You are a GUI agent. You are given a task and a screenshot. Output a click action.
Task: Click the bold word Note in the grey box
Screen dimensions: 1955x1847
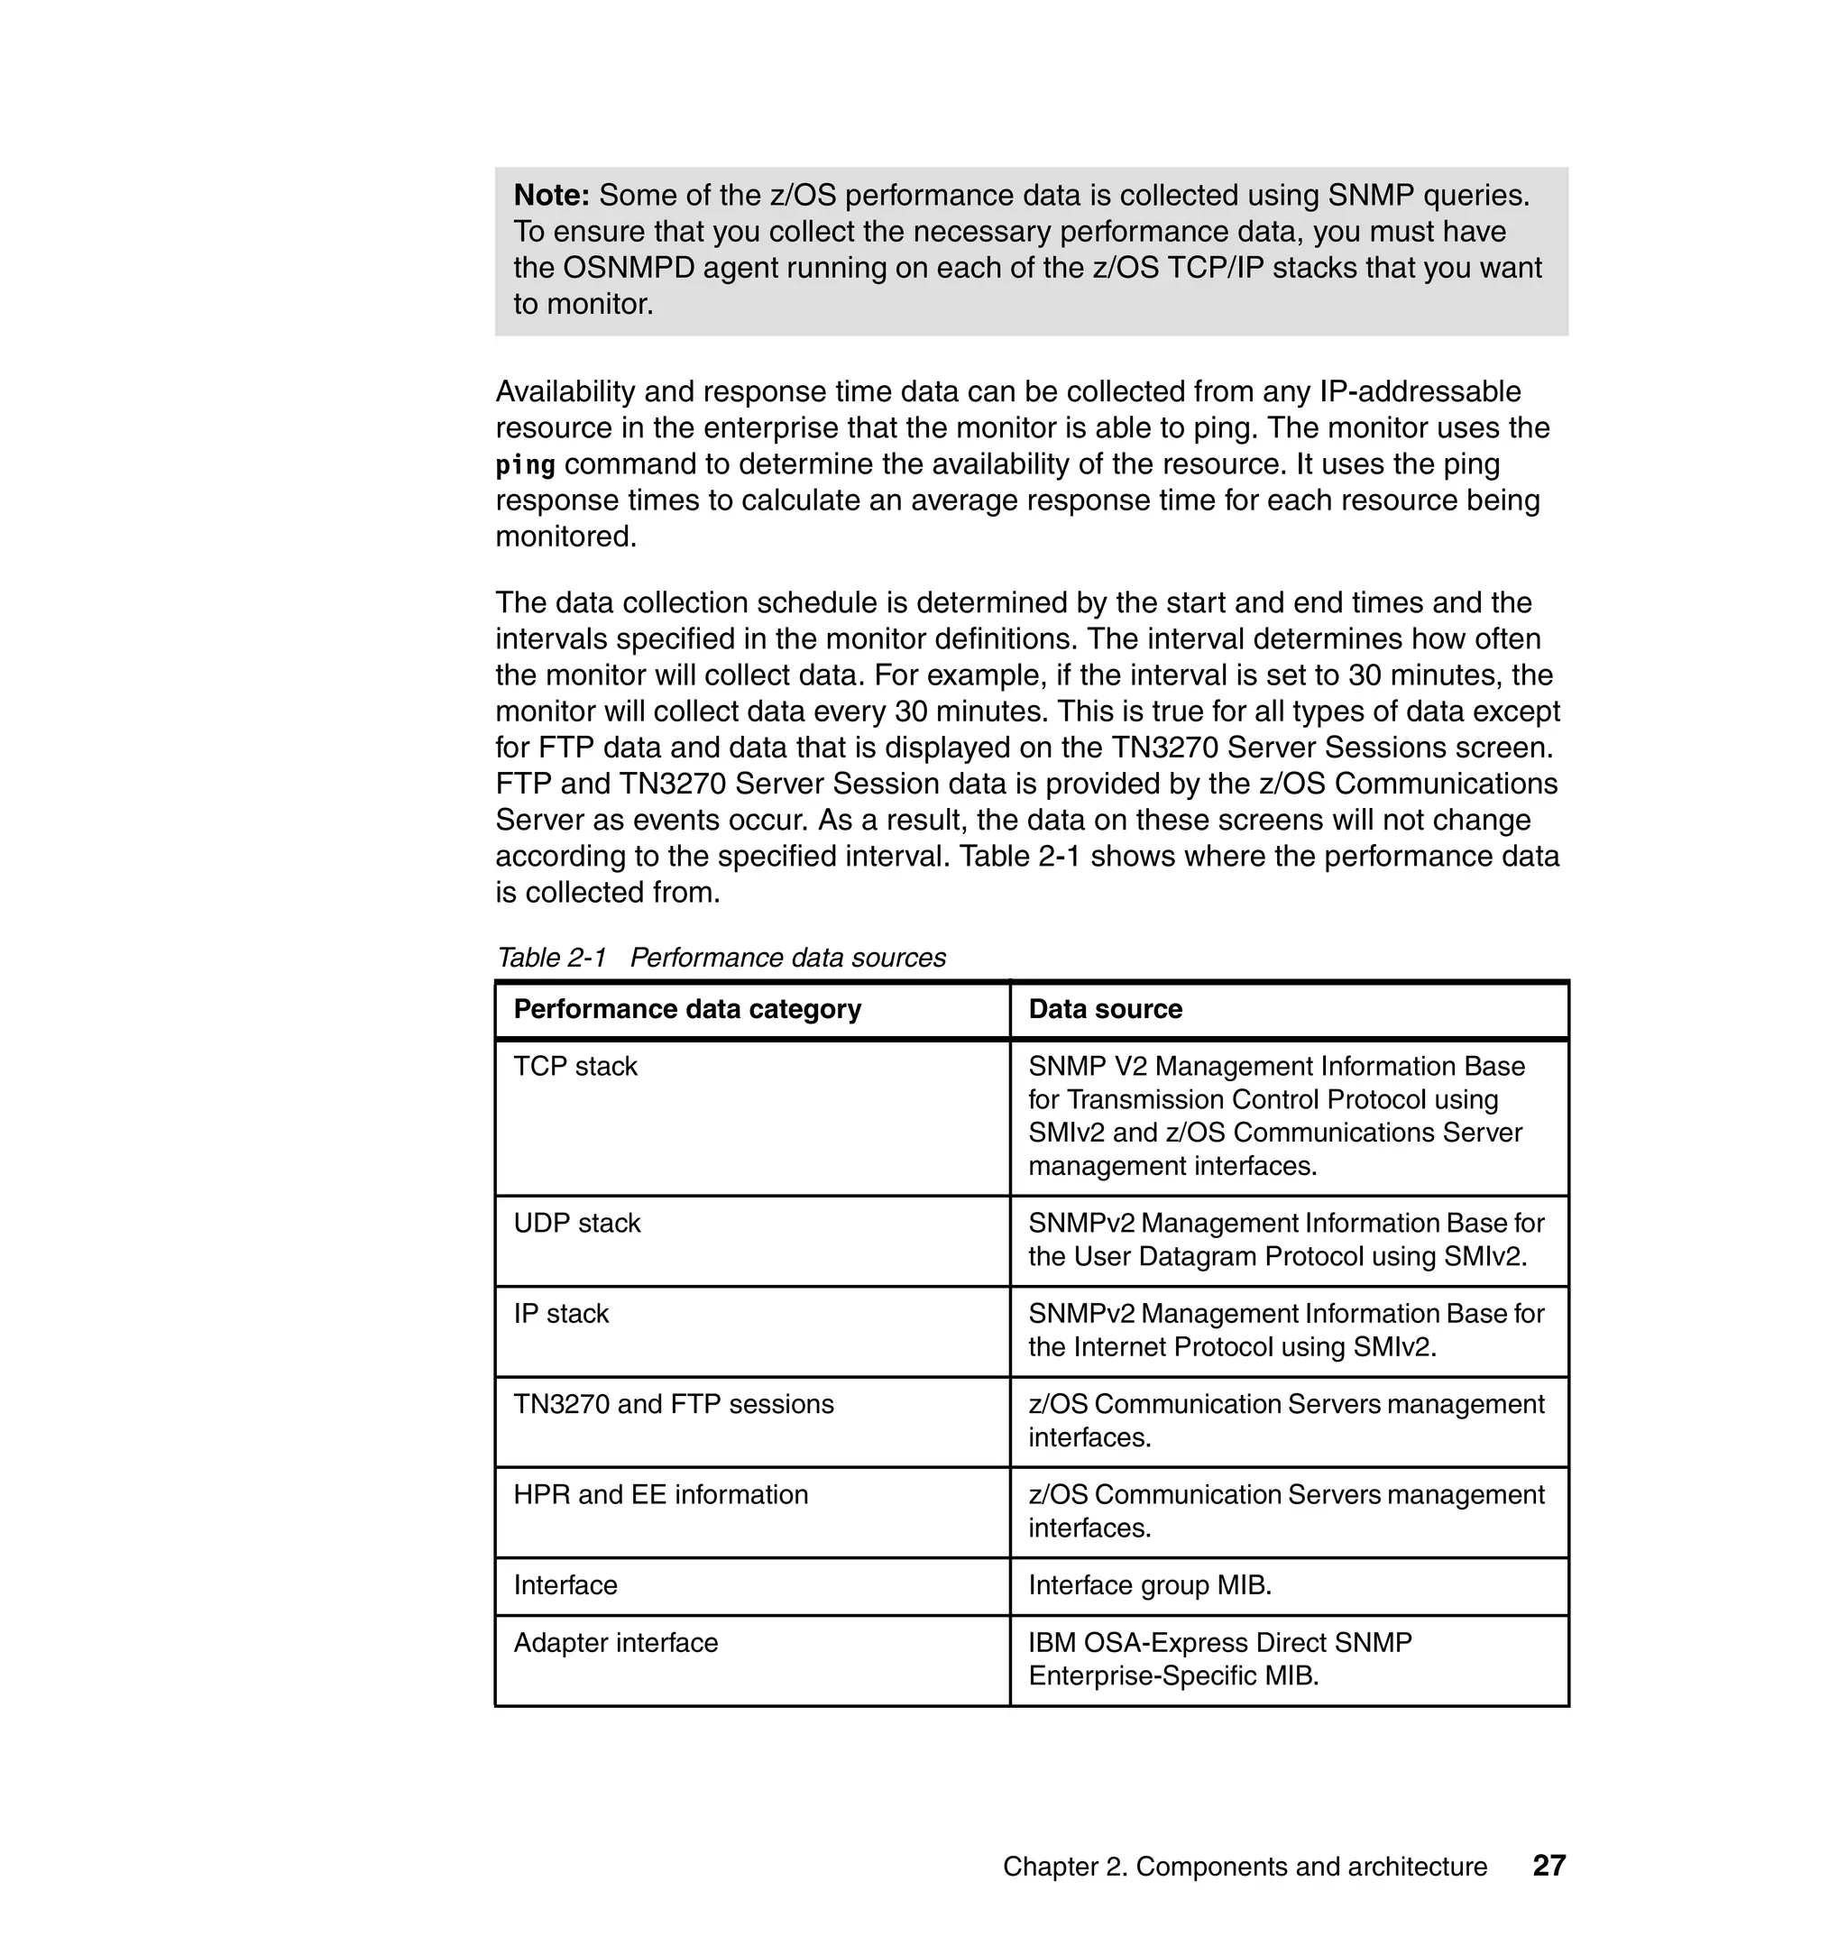pos(550,196)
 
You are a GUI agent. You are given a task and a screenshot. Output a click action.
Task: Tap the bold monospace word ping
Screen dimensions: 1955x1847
pos(525,464)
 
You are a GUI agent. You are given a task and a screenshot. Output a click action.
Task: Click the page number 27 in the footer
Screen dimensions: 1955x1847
pos(1548,1867)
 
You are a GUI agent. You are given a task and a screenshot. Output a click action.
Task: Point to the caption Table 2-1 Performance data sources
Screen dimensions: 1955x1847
pos(721,958)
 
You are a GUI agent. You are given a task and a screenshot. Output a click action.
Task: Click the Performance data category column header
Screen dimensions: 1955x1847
pos(687,1009)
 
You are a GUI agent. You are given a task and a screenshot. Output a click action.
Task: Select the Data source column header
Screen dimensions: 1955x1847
pos(1105,1009)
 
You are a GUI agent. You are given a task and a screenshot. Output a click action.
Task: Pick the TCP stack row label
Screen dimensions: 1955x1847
pos(575,1066)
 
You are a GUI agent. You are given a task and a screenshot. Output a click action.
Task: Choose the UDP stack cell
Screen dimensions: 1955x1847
pos(577,1223)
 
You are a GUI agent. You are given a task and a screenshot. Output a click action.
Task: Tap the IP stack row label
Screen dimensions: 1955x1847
pos(561,1313)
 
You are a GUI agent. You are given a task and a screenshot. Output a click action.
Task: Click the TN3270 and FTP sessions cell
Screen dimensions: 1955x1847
pos(674,1404)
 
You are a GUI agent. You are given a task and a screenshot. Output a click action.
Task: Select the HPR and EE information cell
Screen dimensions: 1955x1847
pos(661,1494)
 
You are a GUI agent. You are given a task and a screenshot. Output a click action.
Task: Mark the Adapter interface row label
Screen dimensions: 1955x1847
pos(615,1643)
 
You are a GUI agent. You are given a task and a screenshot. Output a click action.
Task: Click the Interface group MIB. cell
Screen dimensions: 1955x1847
pos(1150,1585)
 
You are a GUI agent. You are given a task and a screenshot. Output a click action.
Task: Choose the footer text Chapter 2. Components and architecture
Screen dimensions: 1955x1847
pos(1245,1868)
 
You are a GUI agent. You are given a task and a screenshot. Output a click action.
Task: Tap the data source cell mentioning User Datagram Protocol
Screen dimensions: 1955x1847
pos(1286,1239)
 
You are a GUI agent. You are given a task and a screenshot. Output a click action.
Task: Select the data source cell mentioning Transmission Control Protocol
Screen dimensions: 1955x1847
pos(1276,1116)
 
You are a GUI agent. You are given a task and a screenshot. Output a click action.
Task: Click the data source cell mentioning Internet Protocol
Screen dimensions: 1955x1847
pos(1286,1330)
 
